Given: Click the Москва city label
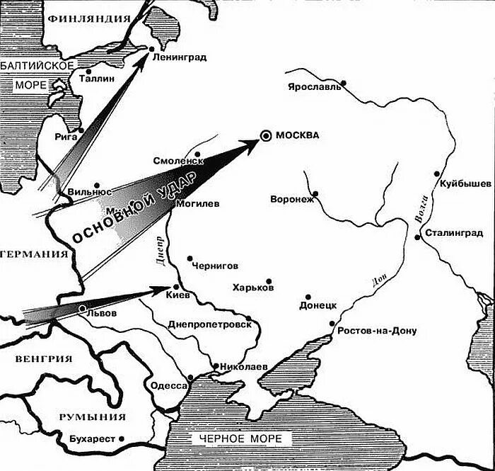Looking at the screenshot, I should pos(297,135).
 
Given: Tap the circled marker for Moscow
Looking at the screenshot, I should pos(265,135).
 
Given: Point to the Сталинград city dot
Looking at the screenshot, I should pos(419,237).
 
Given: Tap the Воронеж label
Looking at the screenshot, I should pos(291,200).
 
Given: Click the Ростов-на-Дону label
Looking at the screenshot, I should pos(378,331).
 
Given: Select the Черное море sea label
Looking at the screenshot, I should pos(240,439).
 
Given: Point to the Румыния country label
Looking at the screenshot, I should pos(92,416).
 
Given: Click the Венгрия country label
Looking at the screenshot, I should pos(44,358).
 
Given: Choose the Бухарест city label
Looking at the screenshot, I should pos(92,440).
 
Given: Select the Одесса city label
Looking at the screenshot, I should pos(168,386).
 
